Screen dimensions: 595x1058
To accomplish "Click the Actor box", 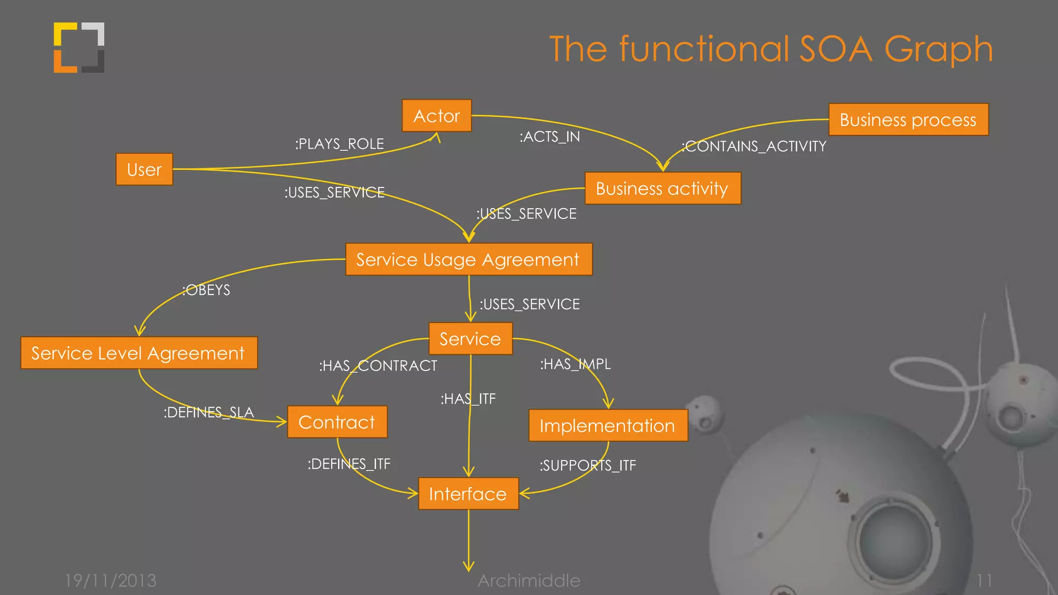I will (437, 116).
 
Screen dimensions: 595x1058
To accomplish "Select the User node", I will (144, 169).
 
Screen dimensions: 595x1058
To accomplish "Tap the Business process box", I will (908, 120).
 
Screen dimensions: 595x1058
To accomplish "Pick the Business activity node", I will (662, 189).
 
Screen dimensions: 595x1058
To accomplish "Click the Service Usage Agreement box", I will (468, 259).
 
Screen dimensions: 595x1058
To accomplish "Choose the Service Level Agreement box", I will (138, 353).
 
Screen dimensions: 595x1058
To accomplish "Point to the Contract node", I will (337, 422).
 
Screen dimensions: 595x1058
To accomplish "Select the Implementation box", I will (608, 426).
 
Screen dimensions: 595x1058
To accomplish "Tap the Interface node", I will (468, 494).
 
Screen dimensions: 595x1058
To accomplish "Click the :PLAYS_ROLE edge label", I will (339, 144).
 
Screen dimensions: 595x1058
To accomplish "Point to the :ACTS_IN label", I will (550, 137).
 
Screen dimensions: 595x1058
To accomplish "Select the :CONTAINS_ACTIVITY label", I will (754, 147).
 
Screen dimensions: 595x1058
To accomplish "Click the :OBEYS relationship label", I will (207, 290).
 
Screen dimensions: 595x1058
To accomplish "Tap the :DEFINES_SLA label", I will (209, 412).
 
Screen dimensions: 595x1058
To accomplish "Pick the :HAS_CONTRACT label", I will (378, 366).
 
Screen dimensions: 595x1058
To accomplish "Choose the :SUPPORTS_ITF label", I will (588, 465).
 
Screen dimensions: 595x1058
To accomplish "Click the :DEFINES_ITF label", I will (349, 464).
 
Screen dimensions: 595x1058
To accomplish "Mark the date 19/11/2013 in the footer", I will (111, 581).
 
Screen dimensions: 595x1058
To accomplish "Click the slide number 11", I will (984, 581).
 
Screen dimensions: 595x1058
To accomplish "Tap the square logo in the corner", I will (79, 48).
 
